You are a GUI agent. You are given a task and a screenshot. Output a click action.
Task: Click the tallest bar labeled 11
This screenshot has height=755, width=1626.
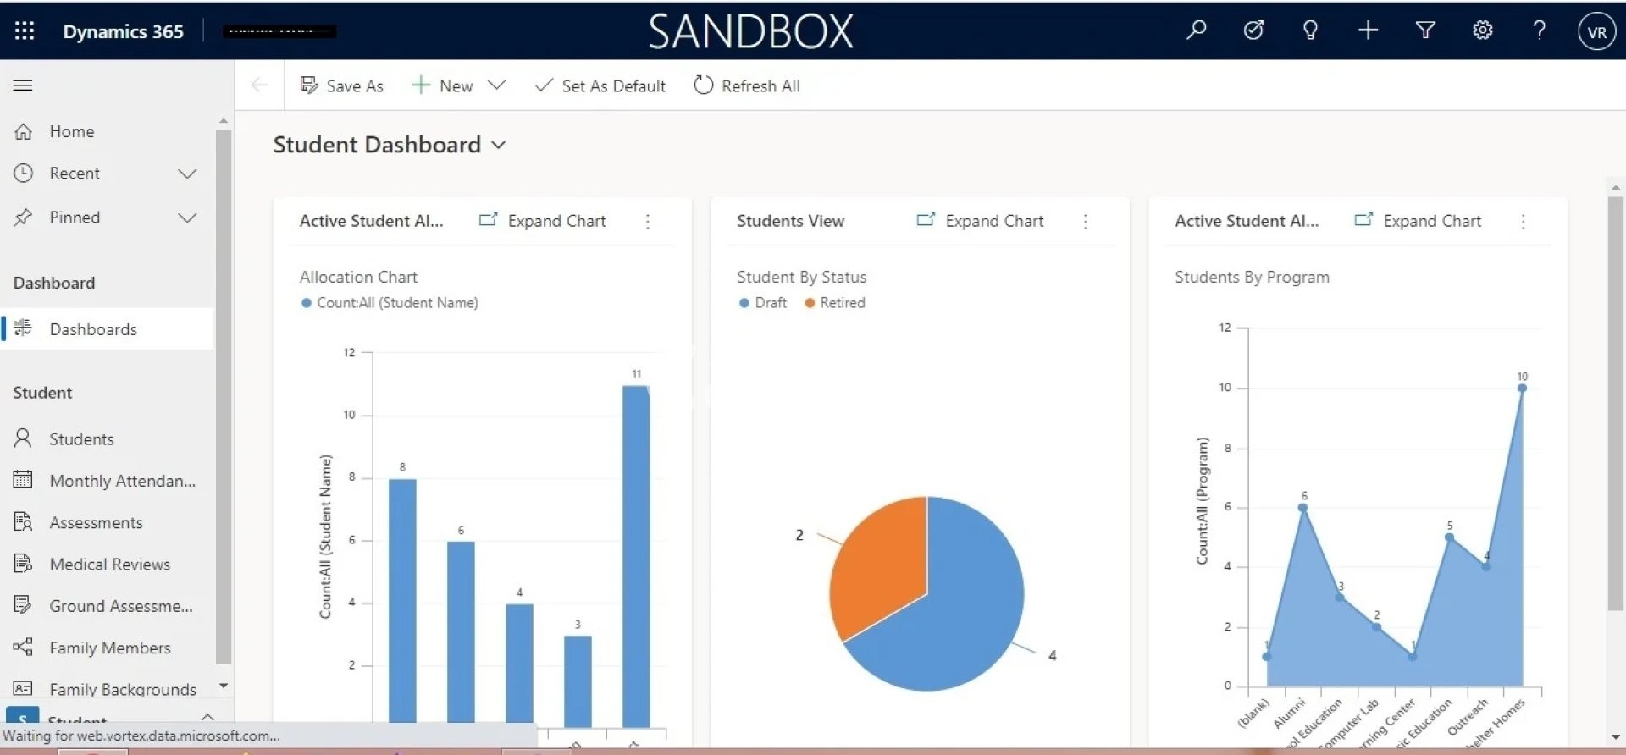(x=636, y=554)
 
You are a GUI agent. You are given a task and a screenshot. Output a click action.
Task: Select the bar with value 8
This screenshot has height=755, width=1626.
(x=402, y=601)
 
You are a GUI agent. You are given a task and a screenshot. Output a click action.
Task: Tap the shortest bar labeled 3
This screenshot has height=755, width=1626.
(x=578, y=681)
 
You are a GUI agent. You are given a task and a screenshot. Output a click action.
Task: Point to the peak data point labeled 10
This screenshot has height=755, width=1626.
(x=1522, y=389)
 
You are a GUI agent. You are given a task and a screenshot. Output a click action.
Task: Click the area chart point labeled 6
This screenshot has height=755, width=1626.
(x=1302, y=508)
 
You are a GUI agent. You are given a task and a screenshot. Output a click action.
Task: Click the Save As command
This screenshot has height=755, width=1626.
(x=342, y=85)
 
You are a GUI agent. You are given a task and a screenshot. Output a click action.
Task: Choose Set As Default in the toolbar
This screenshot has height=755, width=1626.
(x=600, y=85)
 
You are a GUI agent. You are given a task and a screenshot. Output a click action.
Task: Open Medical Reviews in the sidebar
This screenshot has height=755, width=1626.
(x=109, y=565)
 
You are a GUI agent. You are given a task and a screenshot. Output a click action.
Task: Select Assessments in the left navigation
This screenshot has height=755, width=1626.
(x=96, y=523)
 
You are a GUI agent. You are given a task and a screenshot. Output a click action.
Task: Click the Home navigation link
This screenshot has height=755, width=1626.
(x=71, y=131)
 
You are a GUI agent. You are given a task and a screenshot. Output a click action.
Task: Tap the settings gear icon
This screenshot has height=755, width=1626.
(x=1482, y=30)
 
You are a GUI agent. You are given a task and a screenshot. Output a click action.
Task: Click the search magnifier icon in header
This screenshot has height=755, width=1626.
(x=1196, y=30)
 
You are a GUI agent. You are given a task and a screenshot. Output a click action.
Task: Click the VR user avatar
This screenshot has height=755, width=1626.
(x=1596, y=31)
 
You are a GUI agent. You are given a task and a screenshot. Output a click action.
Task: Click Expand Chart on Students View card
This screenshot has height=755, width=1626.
(x=981, y=221)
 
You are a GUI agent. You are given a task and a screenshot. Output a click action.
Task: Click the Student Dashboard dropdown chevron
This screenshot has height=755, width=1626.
(x=499, y=145)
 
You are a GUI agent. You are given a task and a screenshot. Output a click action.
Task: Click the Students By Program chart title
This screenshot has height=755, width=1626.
(x=1252, y=277)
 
